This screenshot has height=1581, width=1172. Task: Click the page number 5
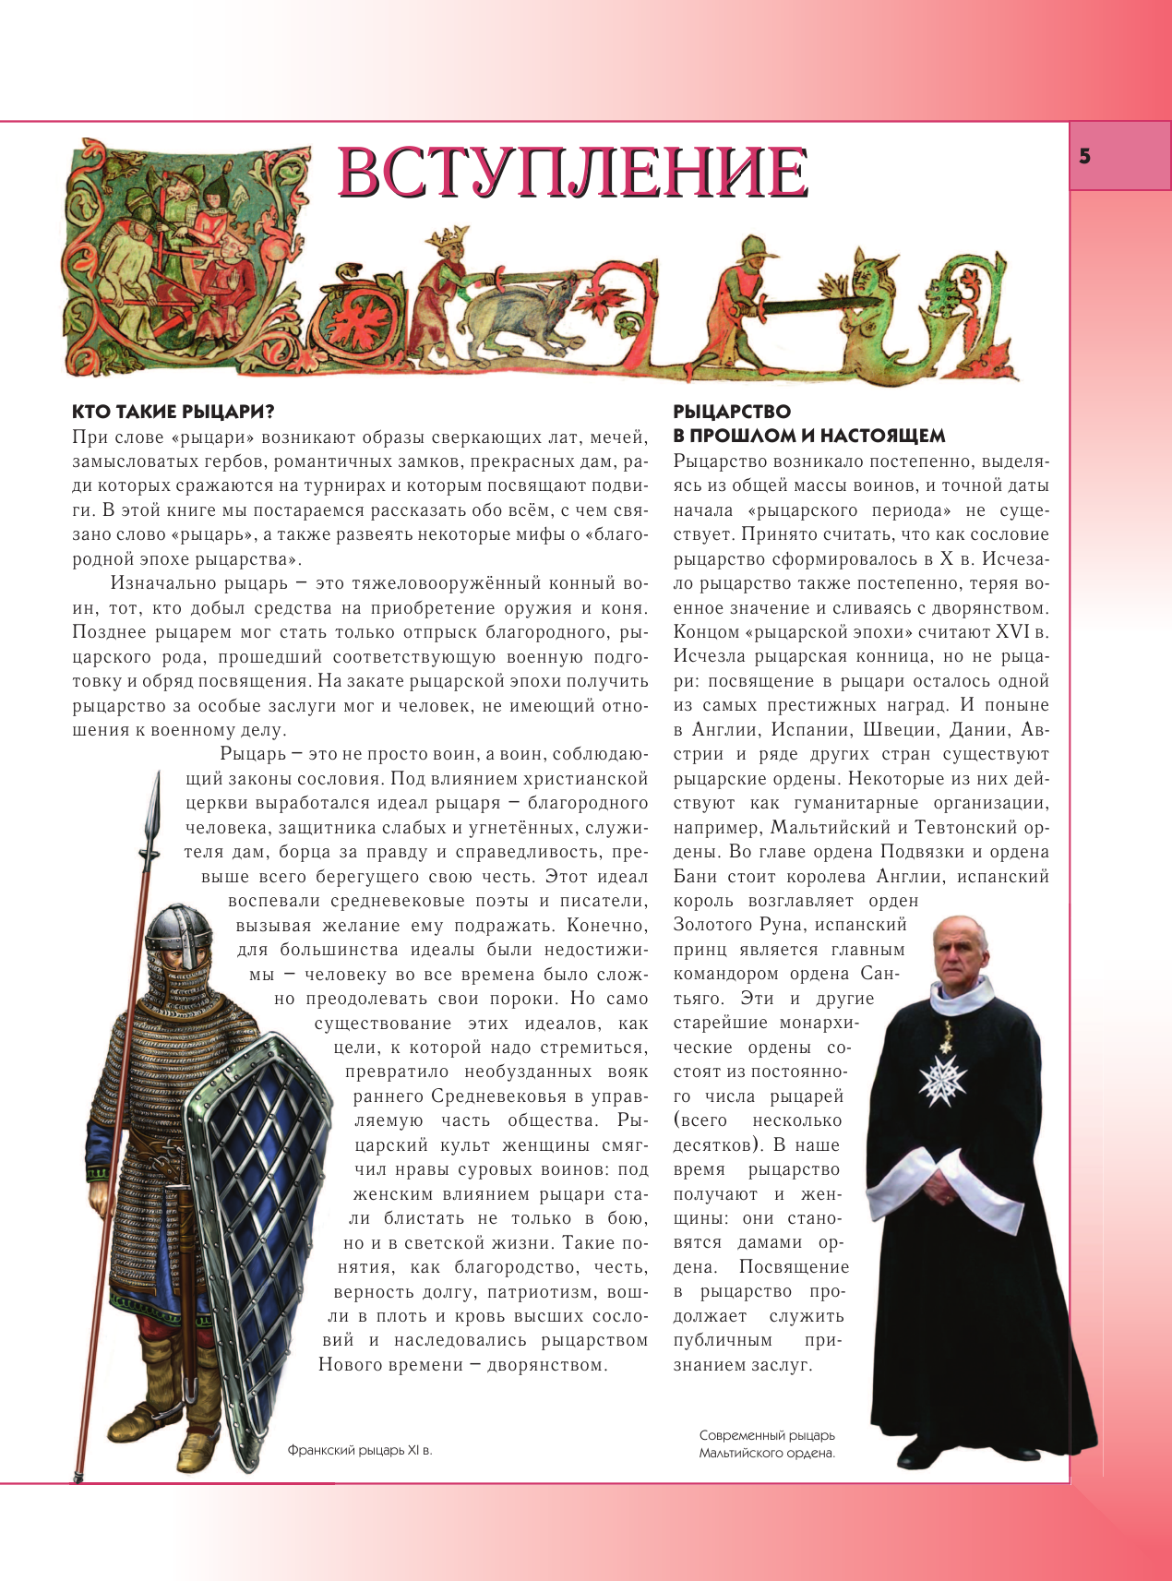click(x=1084, y=156)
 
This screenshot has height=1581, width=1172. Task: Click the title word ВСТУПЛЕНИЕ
click(x=572, y=172)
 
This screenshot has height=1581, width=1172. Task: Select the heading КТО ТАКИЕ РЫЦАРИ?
click(x=173, y=412)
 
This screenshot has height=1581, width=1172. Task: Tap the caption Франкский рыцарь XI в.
click(x=360, y=1450)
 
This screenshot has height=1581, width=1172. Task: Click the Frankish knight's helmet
click(x=179, y=932)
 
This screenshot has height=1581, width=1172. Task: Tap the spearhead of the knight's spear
click(x=154, y=812)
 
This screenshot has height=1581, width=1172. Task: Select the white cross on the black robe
click(x=945, y=1078)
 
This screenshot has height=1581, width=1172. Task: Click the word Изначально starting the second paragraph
click(x=163, y=583)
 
